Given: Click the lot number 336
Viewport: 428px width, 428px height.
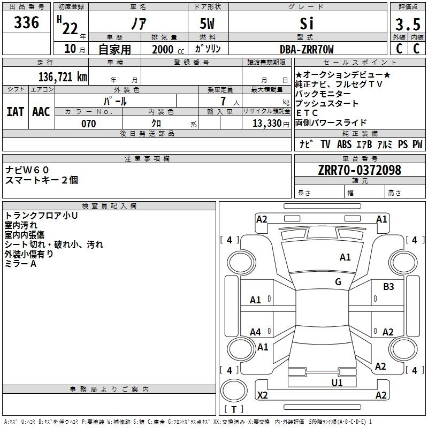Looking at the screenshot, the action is click(27, 23).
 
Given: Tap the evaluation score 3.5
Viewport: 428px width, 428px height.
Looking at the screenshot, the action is click(407, 25).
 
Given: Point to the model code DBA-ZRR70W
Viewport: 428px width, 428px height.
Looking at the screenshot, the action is click(307, 49).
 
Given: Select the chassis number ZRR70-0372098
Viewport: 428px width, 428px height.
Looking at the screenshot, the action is click(359, 170).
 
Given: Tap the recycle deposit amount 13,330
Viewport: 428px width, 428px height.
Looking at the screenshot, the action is click(266, 124).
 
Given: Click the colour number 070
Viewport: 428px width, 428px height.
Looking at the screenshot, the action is click(88, 124).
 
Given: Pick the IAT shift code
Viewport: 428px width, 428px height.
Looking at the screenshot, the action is click(16, 111).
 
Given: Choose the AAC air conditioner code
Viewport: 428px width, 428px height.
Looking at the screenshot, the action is click(41, 111).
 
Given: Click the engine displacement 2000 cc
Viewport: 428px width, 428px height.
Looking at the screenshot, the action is click(166, 49).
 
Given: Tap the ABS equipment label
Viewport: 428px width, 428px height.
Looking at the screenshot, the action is click(344, 144).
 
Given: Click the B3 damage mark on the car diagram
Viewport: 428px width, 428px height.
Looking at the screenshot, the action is click(388, 287).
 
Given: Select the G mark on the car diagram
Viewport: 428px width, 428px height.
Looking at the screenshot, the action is click(338, 282).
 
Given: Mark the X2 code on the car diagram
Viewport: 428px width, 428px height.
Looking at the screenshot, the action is click(262, 395).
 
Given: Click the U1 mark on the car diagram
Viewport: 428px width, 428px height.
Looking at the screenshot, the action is click(337, 383).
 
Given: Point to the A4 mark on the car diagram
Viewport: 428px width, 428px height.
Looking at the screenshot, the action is click(256, 332).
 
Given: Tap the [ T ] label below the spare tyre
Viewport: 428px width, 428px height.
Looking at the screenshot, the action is click(234, 410).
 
